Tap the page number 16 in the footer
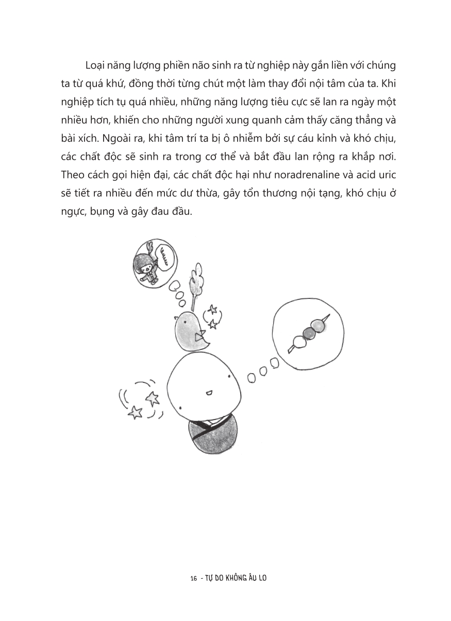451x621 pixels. [194, 578]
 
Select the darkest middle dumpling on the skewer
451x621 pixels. [308, 333]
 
